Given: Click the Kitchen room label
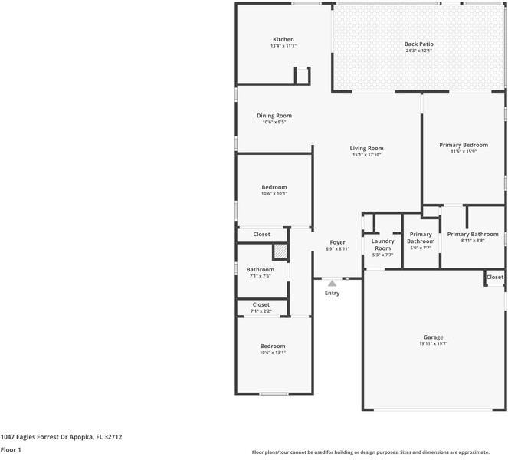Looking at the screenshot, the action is (x=283, y=39).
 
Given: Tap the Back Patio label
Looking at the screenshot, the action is (x=418, y=44).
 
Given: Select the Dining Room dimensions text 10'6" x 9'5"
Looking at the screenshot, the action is (x=274, y=122).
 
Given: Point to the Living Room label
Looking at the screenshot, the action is (x=366, y=148).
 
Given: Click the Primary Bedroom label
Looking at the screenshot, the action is (x=464, y=145).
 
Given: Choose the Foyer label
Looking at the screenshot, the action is (x=337, y=242).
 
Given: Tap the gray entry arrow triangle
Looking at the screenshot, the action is (x=332, y=284).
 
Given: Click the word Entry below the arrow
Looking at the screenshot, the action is (x=332, y=293).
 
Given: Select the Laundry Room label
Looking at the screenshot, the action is (x=382, y=245).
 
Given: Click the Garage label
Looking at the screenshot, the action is (x=433, y=337).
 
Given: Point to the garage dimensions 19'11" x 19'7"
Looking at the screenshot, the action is (x=433, y=344).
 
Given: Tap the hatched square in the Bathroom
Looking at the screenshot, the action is (x=280, y=251).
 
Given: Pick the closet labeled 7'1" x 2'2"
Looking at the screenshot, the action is (x=261, y=307).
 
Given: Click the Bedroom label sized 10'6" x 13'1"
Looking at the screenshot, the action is (x=273, y=347).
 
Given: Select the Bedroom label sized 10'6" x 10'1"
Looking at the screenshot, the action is (x=274, y=187).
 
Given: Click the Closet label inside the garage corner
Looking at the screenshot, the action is (x=495, y=278).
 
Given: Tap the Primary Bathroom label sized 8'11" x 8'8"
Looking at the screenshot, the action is (x=473, y=234).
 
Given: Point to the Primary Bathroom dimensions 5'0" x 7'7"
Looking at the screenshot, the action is (x=421, y=248).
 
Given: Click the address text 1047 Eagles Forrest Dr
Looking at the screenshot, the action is (x=34, y=437).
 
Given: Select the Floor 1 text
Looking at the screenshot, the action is (x=11, y=450).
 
